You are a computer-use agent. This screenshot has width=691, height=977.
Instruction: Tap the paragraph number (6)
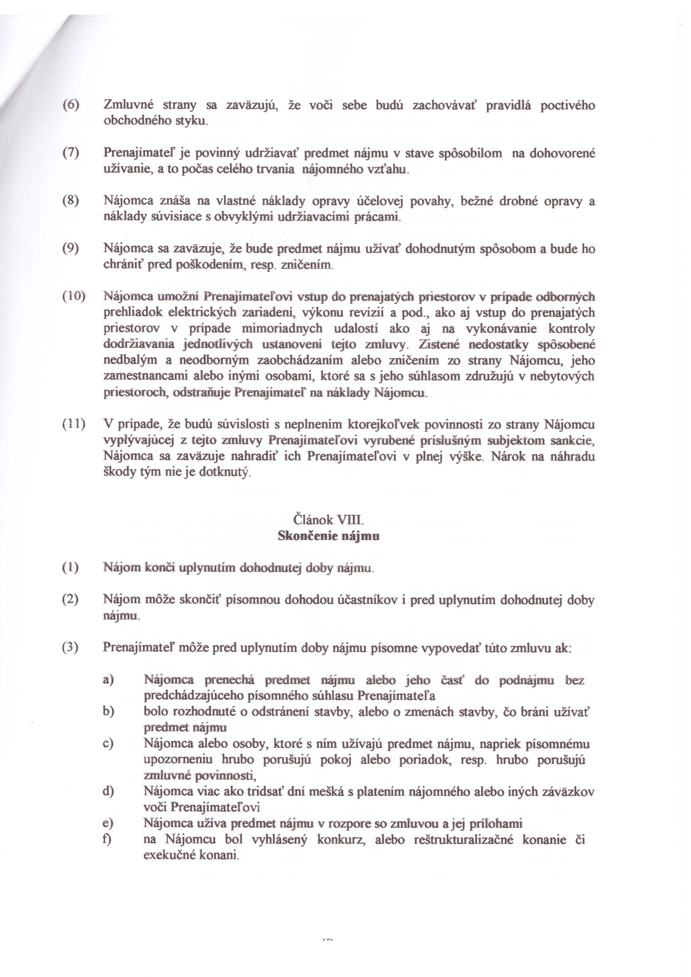point(71,105)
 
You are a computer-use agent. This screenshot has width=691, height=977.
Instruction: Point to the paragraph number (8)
point(71,201)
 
